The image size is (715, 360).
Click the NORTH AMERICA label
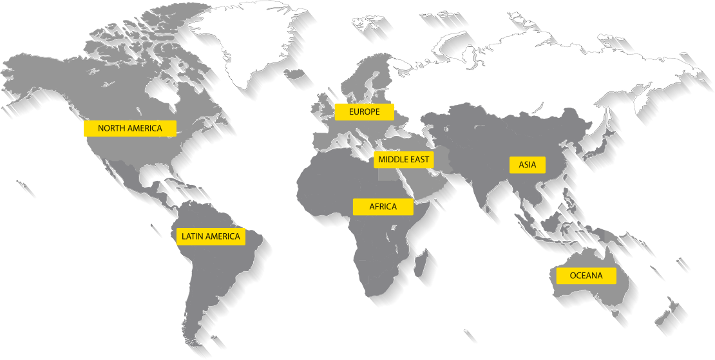[x=130, y=128]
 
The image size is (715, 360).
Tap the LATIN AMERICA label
[x=211, y=236]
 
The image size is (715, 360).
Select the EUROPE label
[x=365, y=112]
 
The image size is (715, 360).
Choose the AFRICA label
[x=383, y=207]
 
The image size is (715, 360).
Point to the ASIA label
[x=528, y=165]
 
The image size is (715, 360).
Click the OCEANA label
[x=586, y=276]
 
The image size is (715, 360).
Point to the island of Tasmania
[x=616, y=314]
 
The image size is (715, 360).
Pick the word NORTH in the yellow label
[x=111, y=128]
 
